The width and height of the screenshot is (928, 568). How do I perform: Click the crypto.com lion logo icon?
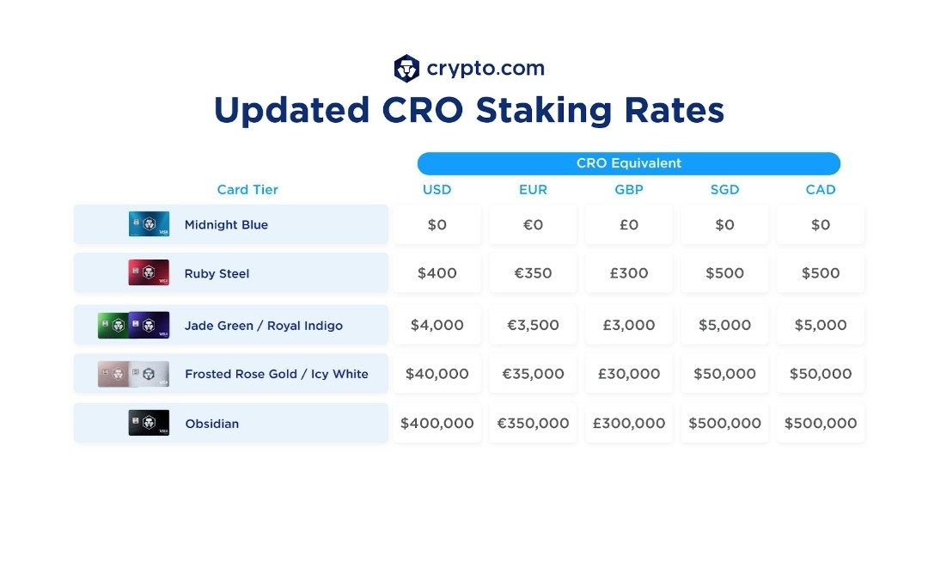tap(406, 69)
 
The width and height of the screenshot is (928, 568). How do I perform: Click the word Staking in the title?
tap(543, 111)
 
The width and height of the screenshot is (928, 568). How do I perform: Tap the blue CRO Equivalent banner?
tap(628, 163)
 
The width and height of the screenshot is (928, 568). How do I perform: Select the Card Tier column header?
tap(247, 189)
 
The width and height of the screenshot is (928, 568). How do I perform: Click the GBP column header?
tap(628, 189)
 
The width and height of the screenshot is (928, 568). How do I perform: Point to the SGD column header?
tap(724, 189)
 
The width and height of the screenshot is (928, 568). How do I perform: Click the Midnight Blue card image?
tap(150, 224)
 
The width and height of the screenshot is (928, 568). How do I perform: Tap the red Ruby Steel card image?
tap(150, 272)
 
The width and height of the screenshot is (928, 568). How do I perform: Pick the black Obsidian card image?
tap(150, 423)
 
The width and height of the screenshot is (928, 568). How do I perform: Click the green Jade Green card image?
tap(113, 325)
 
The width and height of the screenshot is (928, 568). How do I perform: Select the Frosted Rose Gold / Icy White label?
tap(277, 374)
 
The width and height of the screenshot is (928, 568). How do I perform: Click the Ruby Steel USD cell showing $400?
tap(437, 272)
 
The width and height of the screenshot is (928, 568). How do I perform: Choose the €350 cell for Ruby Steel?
tap(534, 272)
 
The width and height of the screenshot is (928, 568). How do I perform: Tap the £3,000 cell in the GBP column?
tap(629, 325)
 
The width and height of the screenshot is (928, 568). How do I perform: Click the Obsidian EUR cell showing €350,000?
tap(534, 423)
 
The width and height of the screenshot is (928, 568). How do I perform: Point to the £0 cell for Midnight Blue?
tap(629, 224)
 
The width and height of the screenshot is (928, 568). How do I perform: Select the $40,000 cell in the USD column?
tap(437, 374)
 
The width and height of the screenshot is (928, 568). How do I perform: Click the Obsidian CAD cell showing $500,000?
tap(821, 423)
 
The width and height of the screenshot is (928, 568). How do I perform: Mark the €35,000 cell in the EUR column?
tap(534, 374)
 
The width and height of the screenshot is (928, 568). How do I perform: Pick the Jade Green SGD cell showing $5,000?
tap(725, 325)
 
